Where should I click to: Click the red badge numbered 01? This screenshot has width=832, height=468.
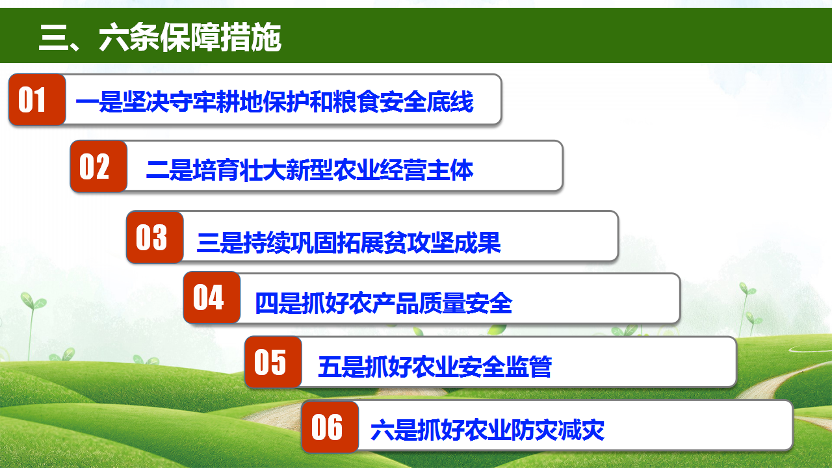coord(37,99)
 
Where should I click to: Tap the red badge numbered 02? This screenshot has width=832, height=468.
coord(99,166)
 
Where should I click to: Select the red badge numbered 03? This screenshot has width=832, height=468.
coord(155,237)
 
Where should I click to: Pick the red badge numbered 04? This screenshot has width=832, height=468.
coord(212,298)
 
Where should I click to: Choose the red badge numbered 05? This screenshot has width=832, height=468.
coord(273,362)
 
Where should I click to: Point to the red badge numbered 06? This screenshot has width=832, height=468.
coord(330,427)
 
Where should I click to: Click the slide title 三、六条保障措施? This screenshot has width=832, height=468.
coord(160,37)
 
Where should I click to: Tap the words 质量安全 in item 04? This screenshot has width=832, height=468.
coord(466,303)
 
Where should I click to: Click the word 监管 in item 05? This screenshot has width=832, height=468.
coord(528,367)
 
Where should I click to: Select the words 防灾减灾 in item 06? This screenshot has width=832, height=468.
coord(558,430)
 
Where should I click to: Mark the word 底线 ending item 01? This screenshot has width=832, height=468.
coord(450,101)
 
